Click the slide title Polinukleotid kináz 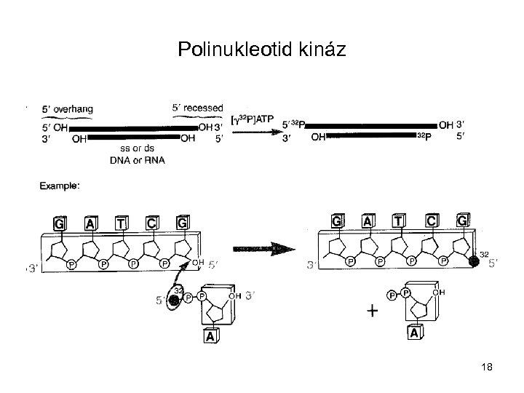[261, 50]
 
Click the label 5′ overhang [67, 108]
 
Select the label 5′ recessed [196, 108]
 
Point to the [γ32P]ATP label [252, 119]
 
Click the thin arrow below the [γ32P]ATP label [252, 132]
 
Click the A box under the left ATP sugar [210, 336]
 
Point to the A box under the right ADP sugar [413, 334]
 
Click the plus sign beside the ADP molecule [372, 311]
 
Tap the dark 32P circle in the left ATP [174, 298]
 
